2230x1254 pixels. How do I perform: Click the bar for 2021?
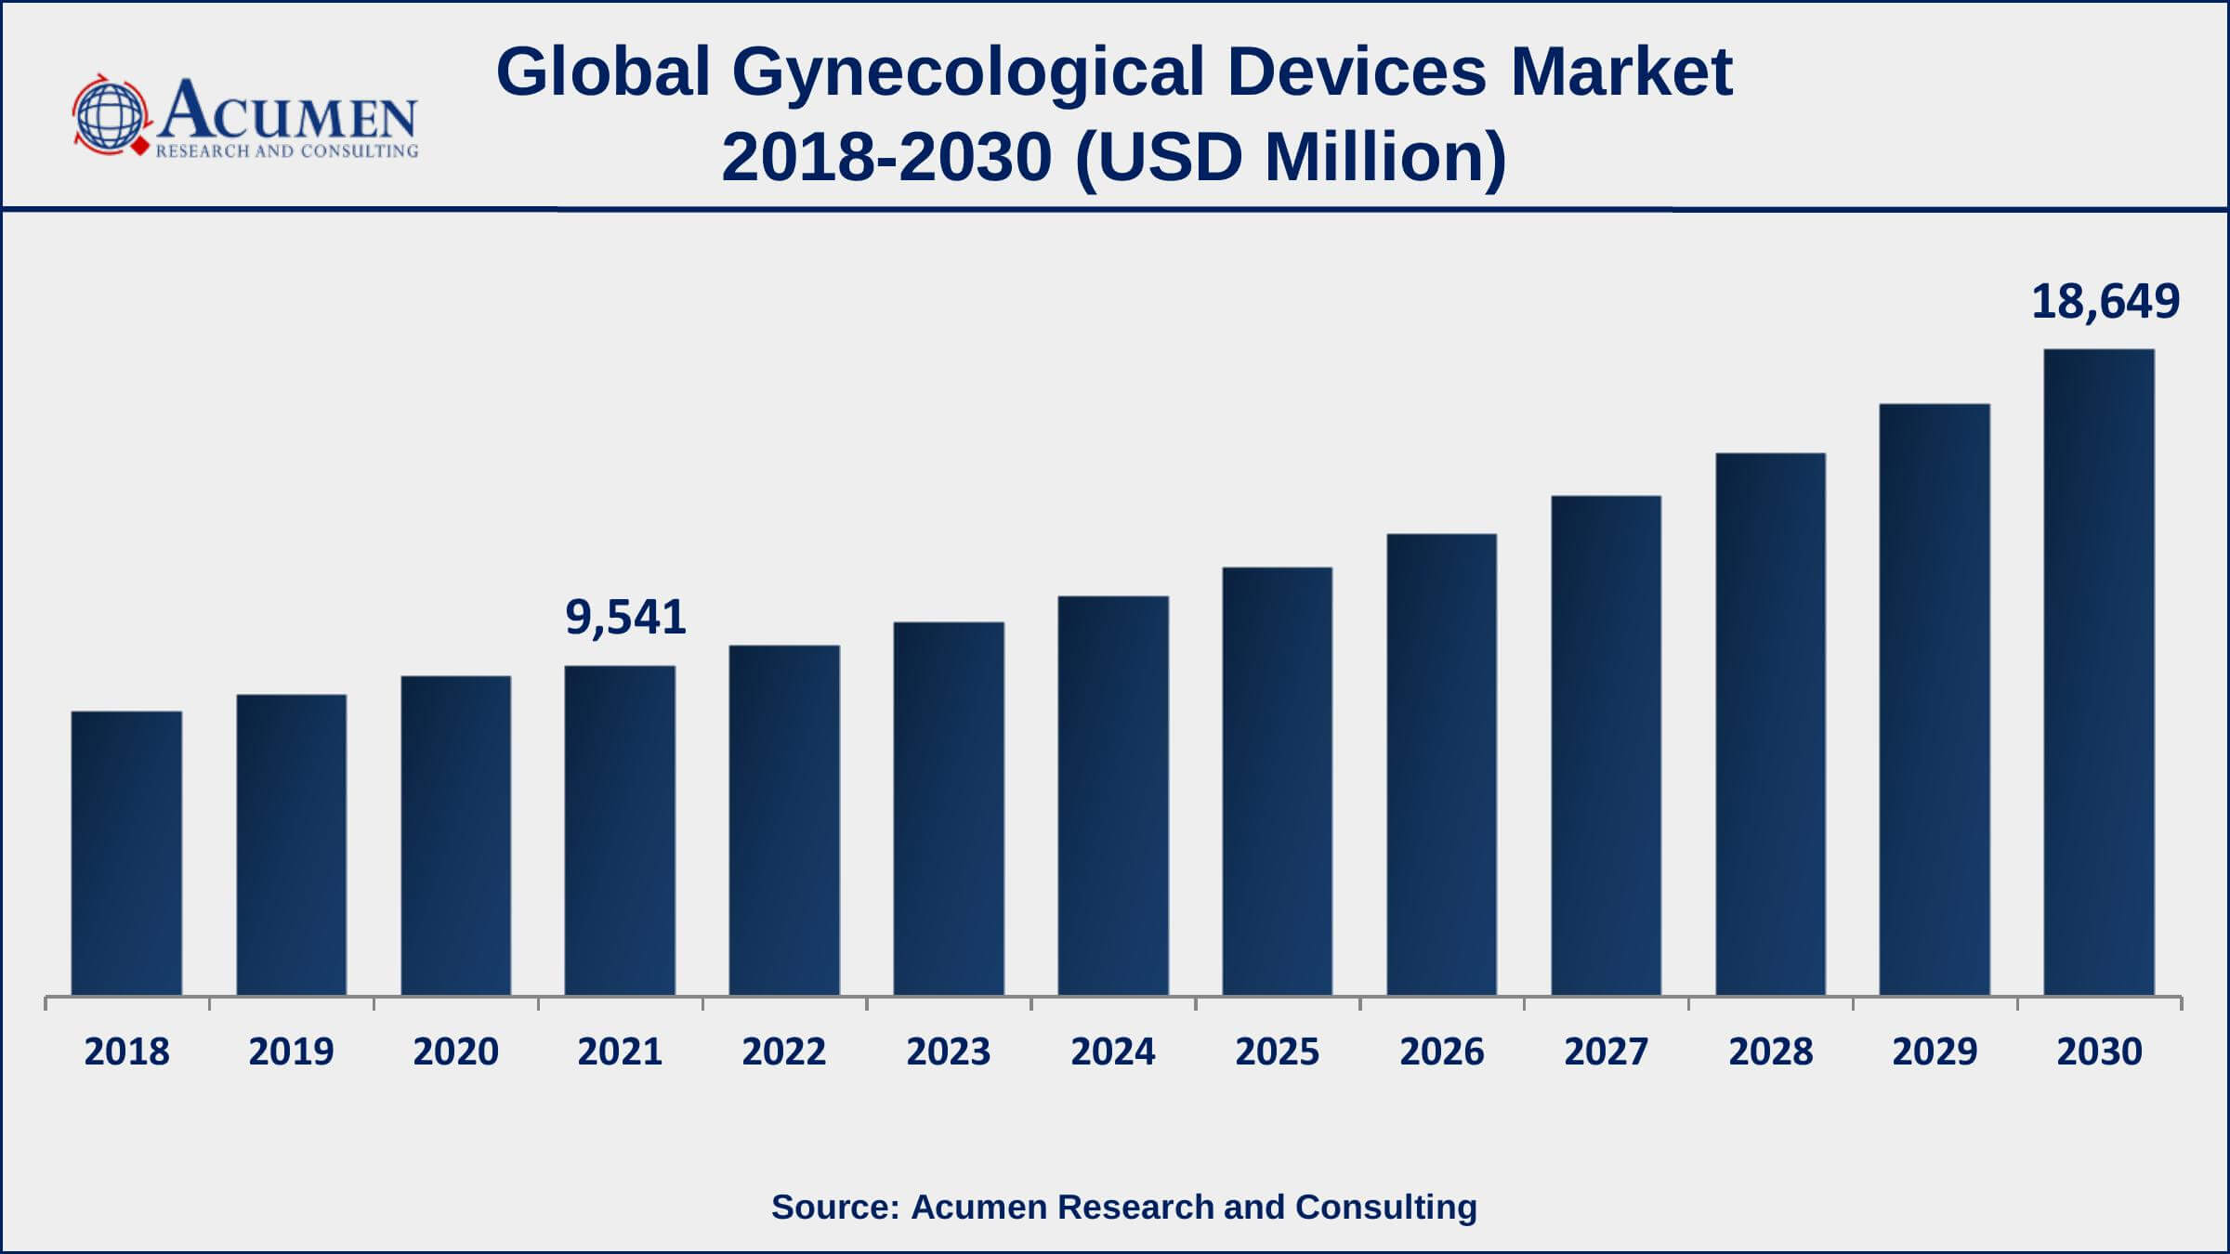click(x=620, y=830)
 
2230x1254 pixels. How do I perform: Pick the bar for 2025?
click(x=1277, y=781)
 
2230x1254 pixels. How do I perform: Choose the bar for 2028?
click(x=1770, y=724)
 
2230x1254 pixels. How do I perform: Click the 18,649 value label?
click(x=2105, y=302)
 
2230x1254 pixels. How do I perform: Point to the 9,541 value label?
click(x=625, y=618)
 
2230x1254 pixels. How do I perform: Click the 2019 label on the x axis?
click(x=291, y=1052)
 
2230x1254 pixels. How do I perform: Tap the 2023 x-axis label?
click(x=949, y=1052)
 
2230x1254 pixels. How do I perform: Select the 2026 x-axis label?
click(x=1441, y=1052)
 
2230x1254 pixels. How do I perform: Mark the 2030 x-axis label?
click(x=2099, y=1052)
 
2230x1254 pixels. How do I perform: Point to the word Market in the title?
click(x=1621, y=72)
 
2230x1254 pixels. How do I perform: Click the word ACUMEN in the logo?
click(x=288, y=111)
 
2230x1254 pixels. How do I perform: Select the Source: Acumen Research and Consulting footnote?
click(x=1123, y=1207)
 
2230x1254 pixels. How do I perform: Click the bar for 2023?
click(x=949, y=808)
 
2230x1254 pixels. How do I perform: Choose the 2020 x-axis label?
click(x=455, y=1052)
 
